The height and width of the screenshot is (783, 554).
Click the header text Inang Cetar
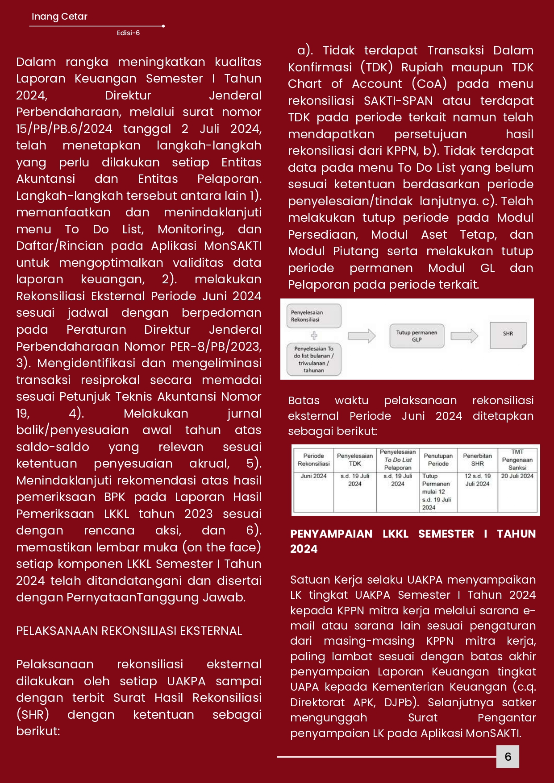pos(59,17)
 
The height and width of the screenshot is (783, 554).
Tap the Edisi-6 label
pos(128,33)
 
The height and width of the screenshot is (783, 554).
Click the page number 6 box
pos(508,756)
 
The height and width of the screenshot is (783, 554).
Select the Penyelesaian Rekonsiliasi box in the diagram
pos(314,316)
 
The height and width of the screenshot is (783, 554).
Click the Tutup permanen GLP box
pos(417,336)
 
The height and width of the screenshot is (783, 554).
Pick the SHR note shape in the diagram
pos(508,335)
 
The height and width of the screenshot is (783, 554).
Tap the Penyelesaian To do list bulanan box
pos(314,359)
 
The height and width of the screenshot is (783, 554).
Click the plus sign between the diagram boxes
pos(314,336)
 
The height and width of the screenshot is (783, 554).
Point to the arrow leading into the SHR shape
pos(464,336)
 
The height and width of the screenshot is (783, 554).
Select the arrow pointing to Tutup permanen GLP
pos(362,336)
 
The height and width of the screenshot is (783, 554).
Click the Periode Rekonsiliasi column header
pos(313,460)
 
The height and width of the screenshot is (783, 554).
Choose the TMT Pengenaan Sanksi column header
pos(517,460)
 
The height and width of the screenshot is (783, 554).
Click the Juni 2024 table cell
pos(313,476)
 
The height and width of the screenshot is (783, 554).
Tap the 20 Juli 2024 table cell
pos(517,476)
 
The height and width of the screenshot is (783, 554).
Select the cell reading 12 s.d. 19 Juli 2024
pos(477,480)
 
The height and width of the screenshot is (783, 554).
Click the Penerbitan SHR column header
pos(477,460)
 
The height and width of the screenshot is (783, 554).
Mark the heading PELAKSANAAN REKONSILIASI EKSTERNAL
pos(129,631)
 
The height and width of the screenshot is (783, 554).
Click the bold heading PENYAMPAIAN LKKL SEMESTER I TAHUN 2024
pos(412,541)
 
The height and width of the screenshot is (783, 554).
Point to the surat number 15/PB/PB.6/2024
pos(64,129)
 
